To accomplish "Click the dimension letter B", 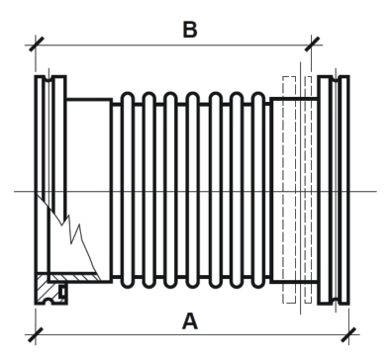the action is [x=190, y=30].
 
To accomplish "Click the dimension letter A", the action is [x=190, y=321].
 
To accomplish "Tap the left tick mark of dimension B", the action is [x=36, y=45].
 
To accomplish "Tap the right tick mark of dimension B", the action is [x=312, y=45].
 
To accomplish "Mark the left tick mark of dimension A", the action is [x=36, y=335].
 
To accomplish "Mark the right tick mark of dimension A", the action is [x=348, y=335].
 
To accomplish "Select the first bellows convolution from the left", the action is [x=127, y=191].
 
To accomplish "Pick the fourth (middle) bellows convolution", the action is [x=192, y=191].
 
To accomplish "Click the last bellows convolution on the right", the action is [x=258, y=191].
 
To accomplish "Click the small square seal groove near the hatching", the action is [x=61, y=292].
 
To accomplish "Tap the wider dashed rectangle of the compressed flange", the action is [x=289, y=190].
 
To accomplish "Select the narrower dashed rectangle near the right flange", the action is [x=308, y=190].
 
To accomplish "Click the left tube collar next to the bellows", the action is [x=89, y=191].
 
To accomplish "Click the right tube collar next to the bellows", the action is [x=294, y=191].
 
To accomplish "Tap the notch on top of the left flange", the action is [x=49, y=78].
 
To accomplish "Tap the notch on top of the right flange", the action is [x=336, y=78].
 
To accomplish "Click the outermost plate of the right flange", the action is [x=344, y=190].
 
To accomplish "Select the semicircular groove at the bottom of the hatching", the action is [x=49, y=301].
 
